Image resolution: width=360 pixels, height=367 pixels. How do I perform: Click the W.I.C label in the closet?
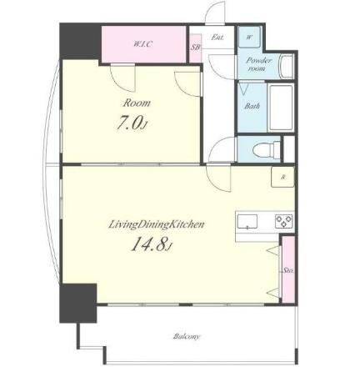(x=143, y=44)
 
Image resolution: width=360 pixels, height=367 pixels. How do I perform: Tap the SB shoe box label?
(x=195, y=48)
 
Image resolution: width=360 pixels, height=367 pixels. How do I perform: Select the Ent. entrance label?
(x=217, y=38)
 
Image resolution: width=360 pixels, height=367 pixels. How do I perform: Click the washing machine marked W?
(x=249, y=38)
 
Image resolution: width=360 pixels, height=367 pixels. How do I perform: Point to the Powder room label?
(x=258, y=64)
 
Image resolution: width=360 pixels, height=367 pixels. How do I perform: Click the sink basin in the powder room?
(x=287, y=66)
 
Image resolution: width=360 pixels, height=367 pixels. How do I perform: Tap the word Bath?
(x=252, y=106)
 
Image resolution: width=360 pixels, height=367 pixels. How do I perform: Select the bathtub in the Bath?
(x=281, y=108)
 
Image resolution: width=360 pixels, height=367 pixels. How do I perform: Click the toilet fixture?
(x=267, y=148)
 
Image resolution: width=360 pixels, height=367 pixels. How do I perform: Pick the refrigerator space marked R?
(x=282, y=177)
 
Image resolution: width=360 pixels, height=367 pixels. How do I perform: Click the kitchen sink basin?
(x=247, y=222)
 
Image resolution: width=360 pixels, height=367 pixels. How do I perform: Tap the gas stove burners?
(x=283, y=222)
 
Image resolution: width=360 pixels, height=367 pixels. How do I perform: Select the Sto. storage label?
(x=288, y=270)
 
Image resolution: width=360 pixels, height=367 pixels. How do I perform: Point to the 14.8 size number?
(x=152, y=244)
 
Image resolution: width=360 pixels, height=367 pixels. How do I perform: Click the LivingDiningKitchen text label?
(x=156, y=224)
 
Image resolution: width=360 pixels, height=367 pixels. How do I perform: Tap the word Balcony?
(x=187, y=336)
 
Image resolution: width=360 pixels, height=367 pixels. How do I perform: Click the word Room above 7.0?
(x=137, y=103)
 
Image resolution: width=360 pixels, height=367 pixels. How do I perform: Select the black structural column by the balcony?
(x=78, y=303)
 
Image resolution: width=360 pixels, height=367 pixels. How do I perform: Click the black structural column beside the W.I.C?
(x=80, y=42)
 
